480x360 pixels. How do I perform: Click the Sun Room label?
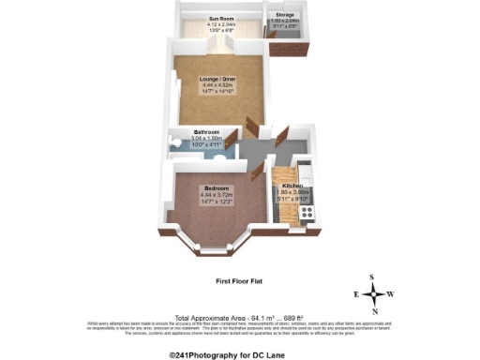(x=220, y=18)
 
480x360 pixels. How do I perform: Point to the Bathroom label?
(x=206, y=133)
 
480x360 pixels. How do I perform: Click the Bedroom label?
(x=216, y=188)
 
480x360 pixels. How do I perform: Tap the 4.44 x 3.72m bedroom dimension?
(x=216, y=195)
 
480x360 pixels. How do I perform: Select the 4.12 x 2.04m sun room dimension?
(x=220, y=24)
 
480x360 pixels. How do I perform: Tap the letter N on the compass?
(x=373, y=310)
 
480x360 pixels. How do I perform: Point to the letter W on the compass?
(x=391, y=293)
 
